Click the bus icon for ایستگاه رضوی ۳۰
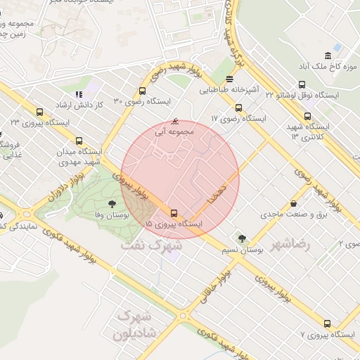pyautogui.click(x=143, y=91)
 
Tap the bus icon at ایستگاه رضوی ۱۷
pyautogui.click(x=238, y=108)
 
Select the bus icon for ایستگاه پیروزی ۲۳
pyautogui.click(x=39, y=111)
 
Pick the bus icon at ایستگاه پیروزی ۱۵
pyautogui.click(x=174, y=212)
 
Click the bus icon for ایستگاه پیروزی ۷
pyautogui.click(x=327, y=323)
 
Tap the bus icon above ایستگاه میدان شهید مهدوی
pyautogui.click(x=78, y=140)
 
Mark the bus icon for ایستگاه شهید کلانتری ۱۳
pyautogui.click(x=307, y=117)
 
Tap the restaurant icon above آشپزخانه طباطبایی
pyautogui.click(x=230, y=79)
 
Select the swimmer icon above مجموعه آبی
pyautogui.click(x=175, y=120)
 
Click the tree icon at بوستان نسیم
pyautogui.click(x=242, y=239)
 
